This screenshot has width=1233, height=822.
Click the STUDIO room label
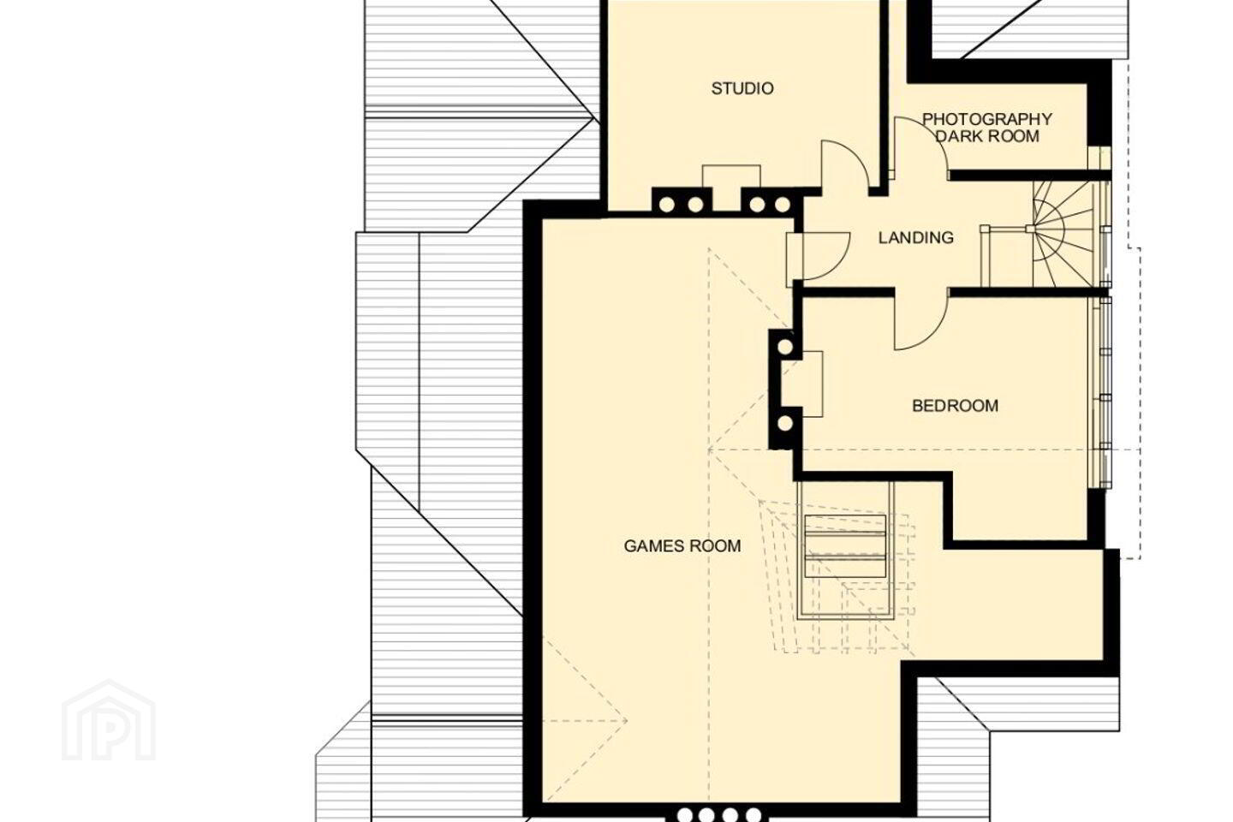[x=742, y=88]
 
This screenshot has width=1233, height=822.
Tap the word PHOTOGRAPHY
[x=987, y=119]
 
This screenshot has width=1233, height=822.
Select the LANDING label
[x=916, y=237]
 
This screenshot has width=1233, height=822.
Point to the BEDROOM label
[x=955, y=406]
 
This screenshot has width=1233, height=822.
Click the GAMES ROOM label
[x=682, y=545]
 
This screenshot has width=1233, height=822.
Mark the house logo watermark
[x=109, y=721]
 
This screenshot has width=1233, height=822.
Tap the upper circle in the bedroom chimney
[x=785, y=348]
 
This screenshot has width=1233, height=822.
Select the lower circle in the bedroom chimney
[x=785, y=423]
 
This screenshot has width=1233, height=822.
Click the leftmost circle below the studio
[x=667, y=205]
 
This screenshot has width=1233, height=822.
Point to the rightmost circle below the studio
[x=783, y=205]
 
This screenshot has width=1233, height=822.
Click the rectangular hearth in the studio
[x=731, y=176]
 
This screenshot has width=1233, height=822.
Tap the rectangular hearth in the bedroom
[x=813, y=384]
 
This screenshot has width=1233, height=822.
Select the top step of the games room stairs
[x=845, y=523]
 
